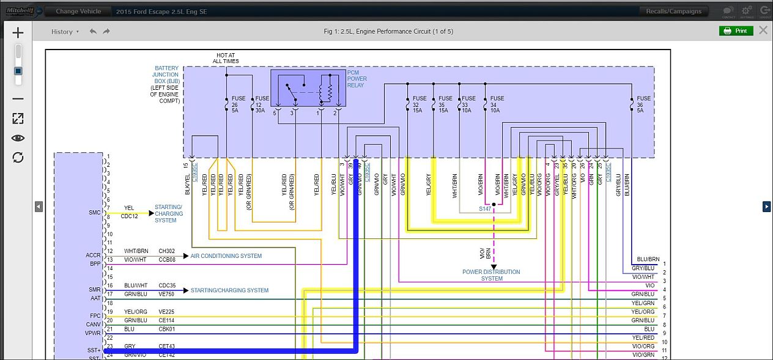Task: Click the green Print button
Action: click(736, 31)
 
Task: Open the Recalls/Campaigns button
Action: click(675, 11)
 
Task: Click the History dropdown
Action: click(65, 32)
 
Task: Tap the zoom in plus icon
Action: click(18, 32)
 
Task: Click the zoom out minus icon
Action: click(18, 98)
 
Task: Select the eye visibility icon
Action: click(18, 138)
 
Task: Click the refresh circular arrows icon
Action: click(18, 158)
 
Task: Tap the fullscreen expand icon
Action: click(18, 119)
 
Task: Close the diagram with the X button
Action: click(763, 31)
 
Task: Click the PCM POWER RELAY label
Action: click(357, 79)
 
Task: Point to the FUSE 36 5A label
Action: click(643, 105)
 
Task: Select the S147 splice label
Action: click(485, 208)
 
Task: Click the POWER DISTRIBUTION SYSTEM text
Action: click(491, 275)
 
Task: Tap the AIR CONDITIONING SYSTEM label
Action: click(226, 256)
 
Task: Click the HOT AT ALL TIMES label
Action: click(226, 58)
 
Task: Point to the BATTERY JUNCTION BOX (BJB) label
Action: click(166, 75)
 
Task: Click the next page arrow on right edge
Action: click(766, 207)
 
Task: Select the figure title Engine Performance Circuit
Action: click(388, 31)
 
